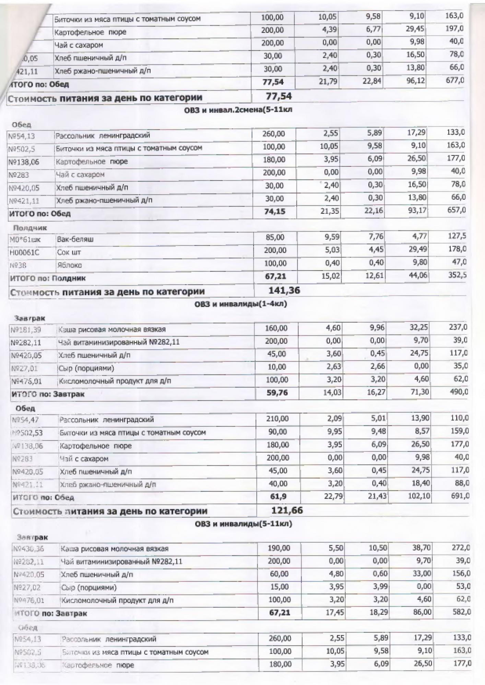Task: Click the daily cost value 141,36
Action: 284,291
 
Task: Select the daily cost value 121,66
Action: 287,510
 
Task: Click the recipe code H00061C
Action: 24,252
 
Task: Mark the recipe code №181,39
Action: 26,329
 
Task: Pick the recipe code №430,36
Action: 29,549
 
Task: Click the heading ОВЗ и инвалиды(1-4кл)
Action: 241,304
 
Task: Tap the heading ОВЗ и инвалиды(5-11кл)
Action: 244,524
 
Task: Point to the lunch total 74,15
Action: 275,212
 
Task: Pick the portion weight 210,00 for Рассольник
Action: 277,419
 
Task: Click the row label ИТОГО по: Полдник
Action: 48,278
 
